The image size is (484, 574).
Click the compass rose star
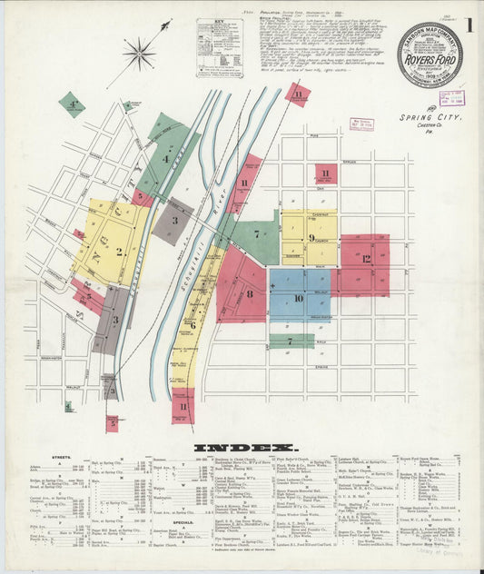139,54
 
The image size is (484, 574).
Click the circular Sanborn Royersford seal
429,54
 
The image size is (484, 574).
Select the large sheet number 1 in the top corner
469,25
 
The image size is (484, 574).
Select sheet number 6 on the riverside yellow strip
193,323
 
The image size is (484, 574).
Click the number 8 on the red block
250,293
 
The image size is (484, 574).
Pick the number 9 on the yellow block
311,238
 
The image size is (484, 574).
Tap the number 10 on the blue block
299,297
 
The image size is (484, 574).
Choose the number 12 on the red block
366,259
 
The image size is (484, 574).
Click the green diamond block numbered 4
72,104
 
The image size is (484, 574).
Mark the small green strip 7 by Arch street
291,341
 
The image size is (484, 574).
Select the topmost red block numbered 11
297,93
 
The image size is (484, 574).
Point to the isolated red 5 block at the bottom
112,422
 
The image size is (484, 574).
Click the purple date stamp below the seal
451,99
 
